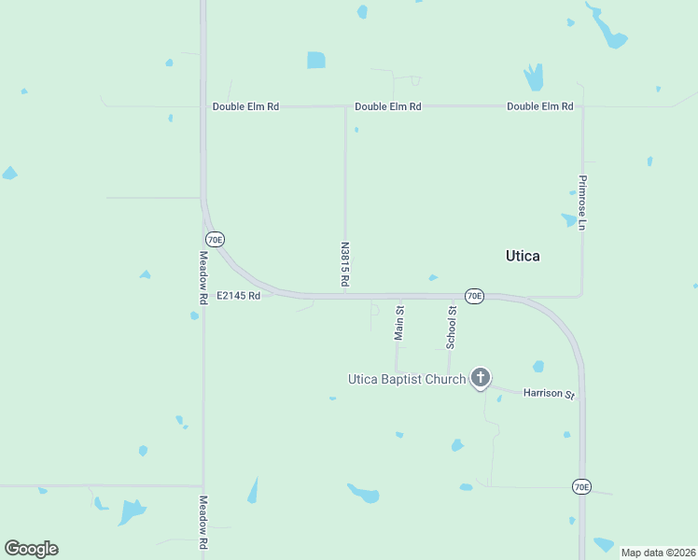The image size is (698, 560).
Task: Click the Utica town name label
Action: click(523, 256)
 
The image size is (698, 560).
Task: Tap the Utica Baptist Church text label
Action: click(406, 379)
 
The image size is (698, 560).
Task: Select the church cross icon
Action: click(481, 377)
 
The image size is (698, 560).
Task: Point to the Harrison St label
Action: click(549, 394)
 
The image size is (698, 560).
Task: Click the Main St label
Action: click(399, 321)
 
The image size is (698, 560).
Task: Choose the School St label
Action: click(451, 327)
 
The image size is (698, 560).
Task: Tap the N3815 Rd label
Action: click(344, 265)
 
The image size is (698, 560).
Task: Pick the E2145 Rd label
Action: click(238, 295)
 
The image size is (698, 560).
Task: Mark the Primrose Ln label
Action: click(581, 203)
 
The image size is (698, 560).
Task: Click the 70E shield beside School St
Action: click(474, 296)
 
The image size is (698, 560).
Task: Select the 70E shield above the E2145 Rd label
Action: click(215, 239)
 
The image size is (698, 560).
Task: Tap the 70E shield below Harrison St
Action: click(580, 486)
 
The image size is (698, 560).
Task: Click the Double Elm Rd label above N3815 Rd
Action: click(388, 106)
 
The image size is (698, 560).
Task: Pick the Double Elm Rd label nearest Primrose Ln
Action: click(540, 106)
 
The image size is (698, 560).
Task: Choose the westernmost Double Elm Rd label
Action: click(245, 106)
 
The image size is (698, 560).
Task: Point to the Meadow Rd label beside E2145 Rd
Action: click(202, 277)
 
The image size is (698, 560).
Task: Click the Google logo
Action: click(31, 549)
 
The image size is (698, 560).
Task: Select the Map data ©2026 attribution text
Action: click(658, 553)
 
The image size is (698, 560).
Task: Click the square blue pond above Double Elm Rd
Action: click(316, 60)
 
